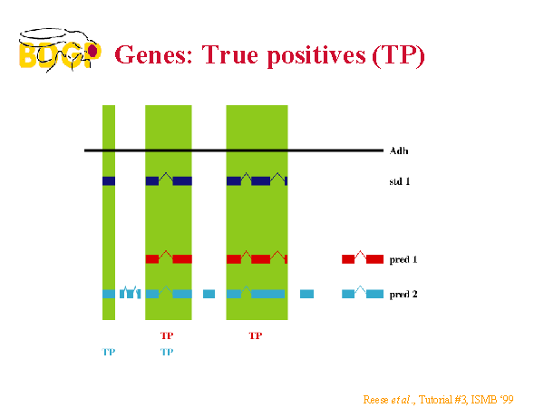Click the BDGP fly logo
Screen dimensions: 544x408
pos(60,50)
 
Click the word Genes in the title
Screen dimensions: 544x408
pos(153,55)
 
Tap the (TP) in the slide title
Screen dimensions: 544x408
pos(398,56)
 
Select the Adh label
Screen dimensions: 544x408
pos(399,151)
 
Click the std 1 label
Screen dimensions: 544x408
pos(400,181)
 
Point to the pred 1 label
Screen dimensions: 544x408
pos(403,260)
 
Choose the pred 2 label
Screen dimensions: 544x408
pos(403,295)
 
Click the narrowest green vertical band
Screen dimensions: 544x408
pos(109,212)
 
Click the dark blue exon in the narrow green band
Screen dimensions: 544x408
pos(109,180)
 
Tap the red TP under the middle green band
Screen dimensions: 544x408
pos(167,335)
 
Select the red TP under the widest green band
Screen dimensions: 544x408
pos(256,335)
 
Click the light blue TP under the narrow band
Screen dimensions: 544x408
pos(109,352)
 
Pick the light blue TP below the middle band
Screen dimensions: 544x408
pos(167,352)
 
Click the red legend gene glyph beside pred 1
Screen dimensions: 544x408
pos(363,258)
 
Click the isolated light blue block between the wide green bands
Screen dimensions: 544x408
pos(209,294)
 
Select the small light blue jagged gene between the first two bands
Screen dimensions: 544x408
pos(130,293)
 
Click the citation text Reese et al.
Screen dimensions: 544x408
pos(389,400)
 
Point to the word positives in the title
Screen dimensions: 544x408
pos(316,56)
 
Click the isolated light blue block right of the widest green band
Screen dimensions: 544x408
pos(306,294)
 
